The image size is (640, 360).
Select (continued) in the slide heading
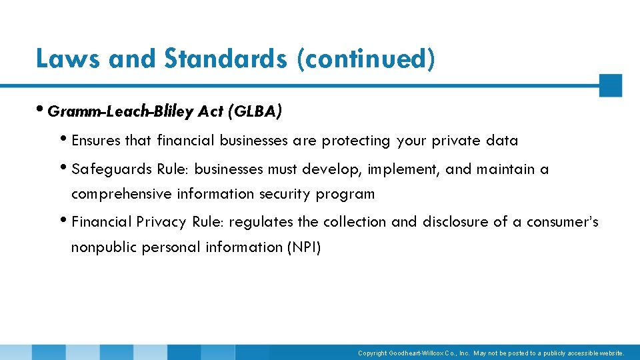coord(366,59)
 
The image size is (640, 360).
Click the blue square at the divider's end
coord(610,85)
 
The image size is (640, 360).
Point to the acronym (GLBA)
coord(255,111)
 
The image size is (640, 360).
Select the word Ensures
coord(96,141)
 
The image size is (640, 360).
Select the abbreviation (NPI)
coord(303,247)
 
